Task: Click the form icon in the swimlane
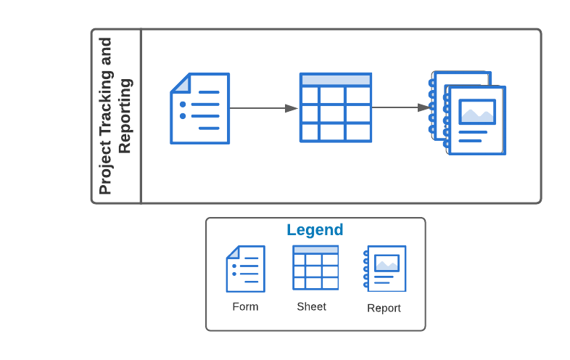click(x=199, y=108)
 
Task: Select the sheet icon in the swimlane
click(x=336, y=107)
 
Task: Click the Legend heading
click(x=315, y=230)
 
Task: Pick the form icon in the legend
click(x=245, y=269)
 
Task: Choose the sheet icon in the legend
click(x=315, y=268)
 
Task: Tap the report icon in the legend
click(x=385, y=269)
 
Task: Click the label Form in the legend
click(x=245, y=306)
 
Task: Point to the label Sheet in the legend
click(x=311, y=306)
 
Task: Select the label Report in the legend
click(x=384, y=308)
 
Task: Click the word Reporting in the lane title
click(x=125, y=116)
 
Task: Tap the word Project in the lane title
click(x=106, y=171)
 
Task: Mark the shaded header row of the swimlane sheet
click(x=336, y=80)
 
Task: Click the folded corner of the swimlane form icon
click(x=180, y=83)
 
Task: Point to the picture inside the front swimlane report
click(x=477, y=112)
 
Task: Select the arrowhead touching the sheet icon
click(x=292, y=108)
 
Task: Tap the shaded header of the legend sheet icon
click(x=315, y=250)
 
